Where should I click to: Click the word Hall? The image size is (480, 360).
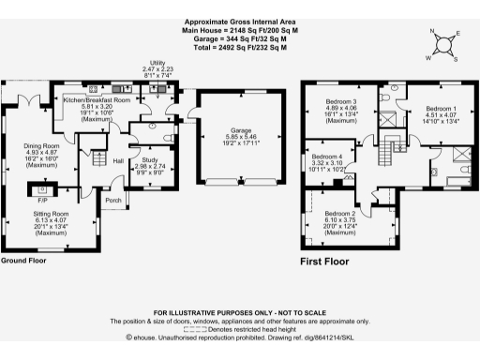[x=119, y=161]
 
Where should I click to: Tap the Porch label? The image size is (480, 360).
[x=113, y=200]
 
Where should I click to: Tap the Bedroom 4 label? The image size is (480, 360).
[x=327, y=156]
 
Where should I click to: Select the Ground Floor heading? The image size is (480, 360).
[x=24, y=261]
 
